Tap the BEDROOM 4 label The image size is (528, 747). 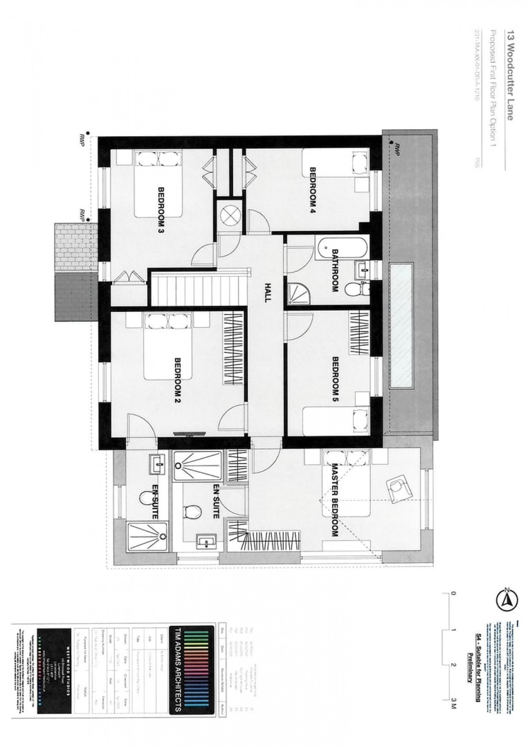pos(314,190)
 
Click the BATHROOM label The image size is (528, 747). pos(335,270)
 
